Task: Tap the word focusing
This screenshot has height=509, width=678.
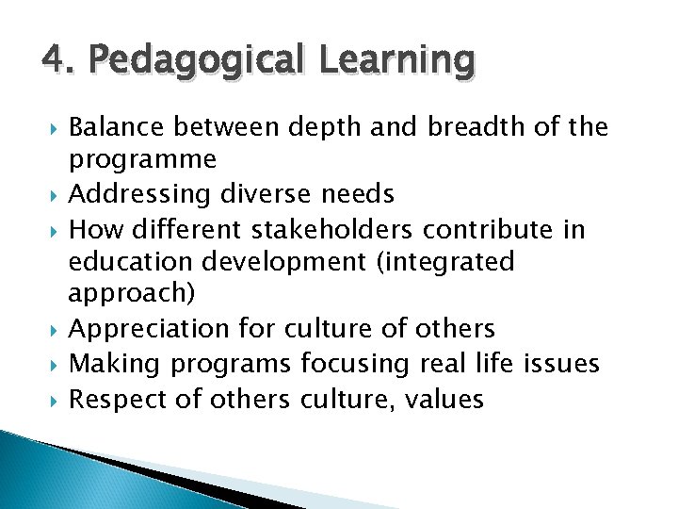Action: coord(355,364)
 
